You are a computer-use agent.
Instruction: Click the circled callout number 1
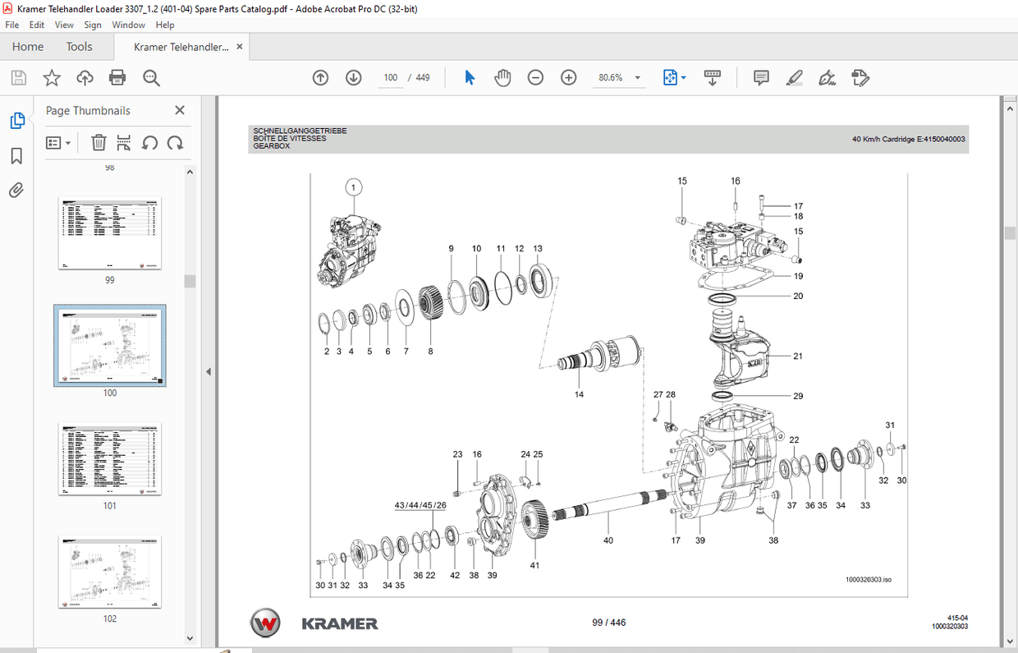(354, 188)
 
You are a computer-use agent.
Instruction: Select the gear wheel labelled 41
(534, 519)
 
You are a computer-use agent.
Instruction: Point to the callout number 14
(579, 395)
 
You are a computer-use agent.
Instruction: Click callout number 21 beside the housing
(797, 356)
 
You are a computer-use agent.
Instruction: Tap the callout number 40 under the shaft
(608, 540)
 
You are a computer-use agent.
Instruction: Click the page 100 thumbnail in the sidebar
(110, 346)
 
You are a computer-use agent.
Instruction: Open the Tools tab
(79, 47)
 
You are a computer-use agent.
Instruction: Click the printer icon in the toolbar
(117, 77)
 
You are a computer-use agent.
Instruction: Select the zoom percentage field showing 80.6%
(611, 77)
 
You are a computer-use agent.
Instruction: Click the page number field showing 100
(391, 77)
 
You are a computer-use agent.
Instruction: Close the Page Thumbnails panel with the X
(180, 110)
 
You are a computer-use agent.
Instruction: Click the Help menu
(165, 25)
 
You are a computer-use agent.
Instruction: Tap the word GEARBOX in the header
(272, 146)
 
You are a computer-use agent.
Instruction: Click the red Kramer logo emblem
(265, 623)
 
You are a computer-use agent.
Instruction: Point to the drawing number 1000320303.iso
(868, 580)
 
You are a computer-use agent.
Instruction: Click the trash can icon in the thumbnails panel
(99, 143)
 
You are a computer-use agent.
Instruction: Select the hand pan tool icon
(502, 77)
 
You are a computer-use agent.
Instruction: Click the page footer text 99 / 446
(608, 623)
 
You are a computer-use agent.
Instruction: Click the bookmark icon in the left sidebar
(16, 156)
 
